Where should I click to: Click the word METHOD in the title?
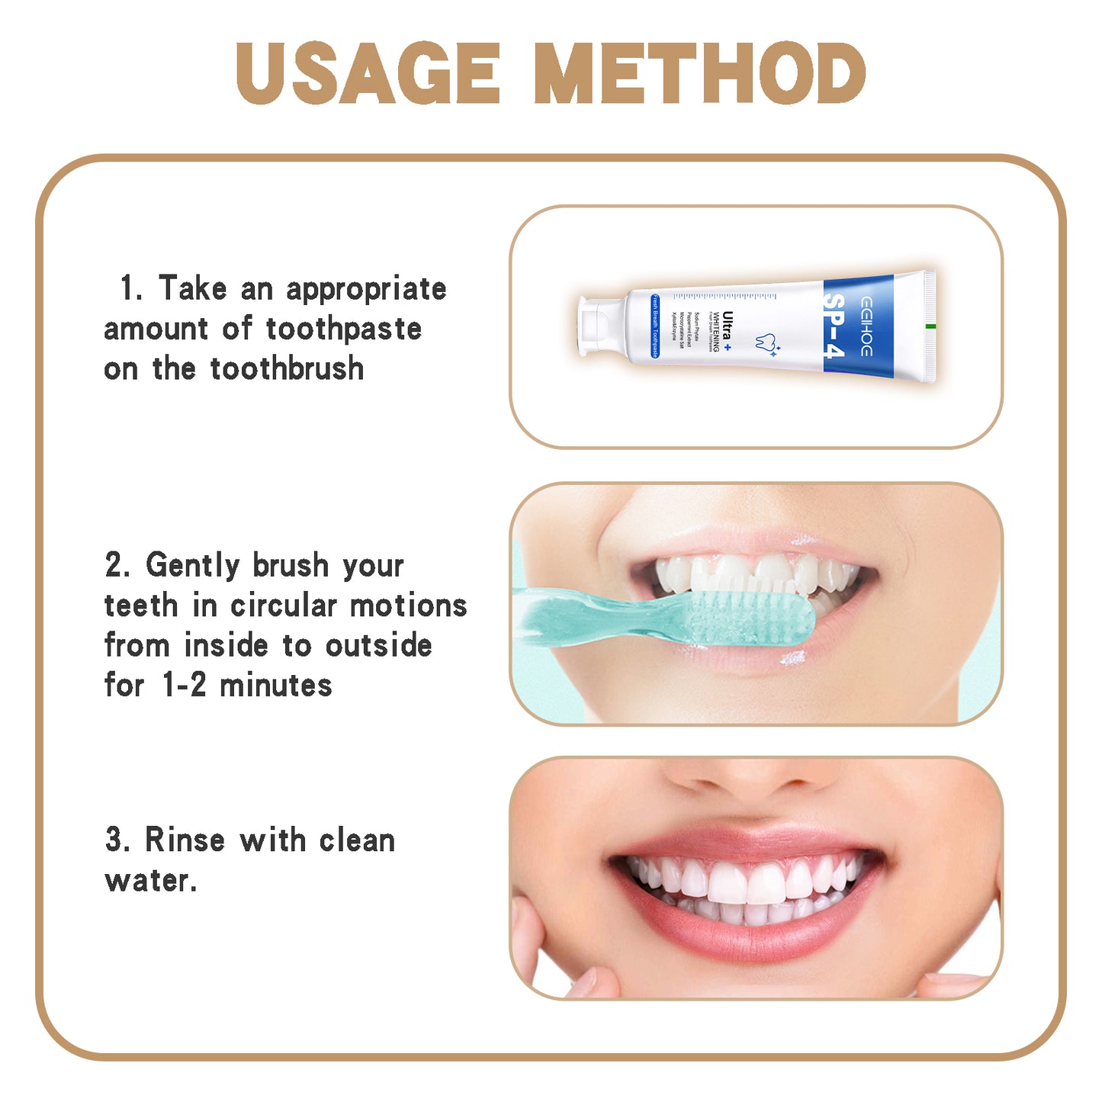click(699, 73)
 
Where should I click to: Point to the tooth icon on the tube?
click(766, 342)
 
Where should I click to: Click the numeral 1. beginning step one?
click(130, 288)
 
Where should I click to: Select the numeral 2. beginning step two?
click(117, 565)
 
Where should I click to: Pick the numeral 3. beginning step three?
click(117, 840)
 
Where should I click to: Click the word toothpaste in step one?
click(344, 329)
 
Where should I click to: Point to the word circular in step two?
click(284, 606)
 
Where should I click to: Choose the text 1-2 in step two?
click(185, 685)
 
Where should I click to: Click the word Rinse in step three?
click(185, 840)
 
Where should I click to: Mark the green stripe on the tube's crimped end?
click(930, 326)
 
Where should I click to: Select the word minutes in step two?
click(276, 685)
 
